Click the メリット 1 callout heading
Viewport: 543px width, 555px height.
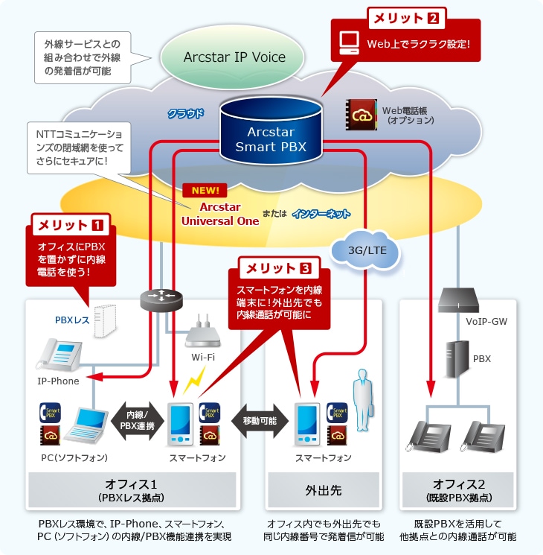(71, 223)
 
